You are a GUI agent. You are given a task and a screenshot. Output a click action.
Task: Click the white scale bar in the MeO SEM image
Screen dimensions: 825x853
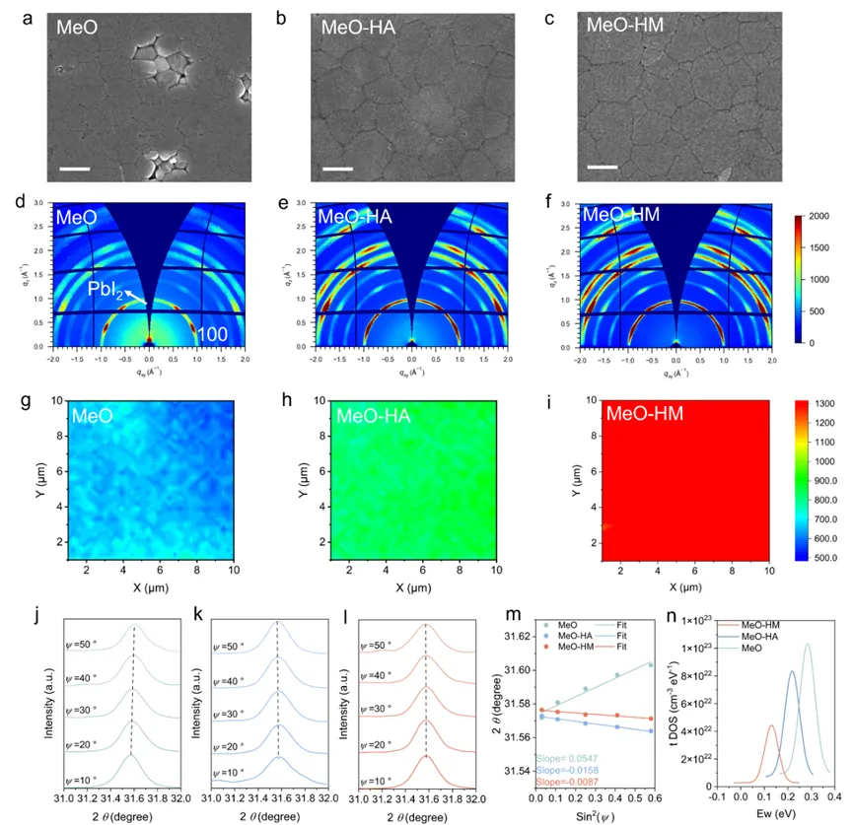(x=74, y=169)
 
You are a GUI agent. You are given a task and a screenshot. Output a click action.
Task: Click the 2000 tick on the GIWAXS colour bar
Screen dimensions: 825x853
(x=821, y=216)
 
